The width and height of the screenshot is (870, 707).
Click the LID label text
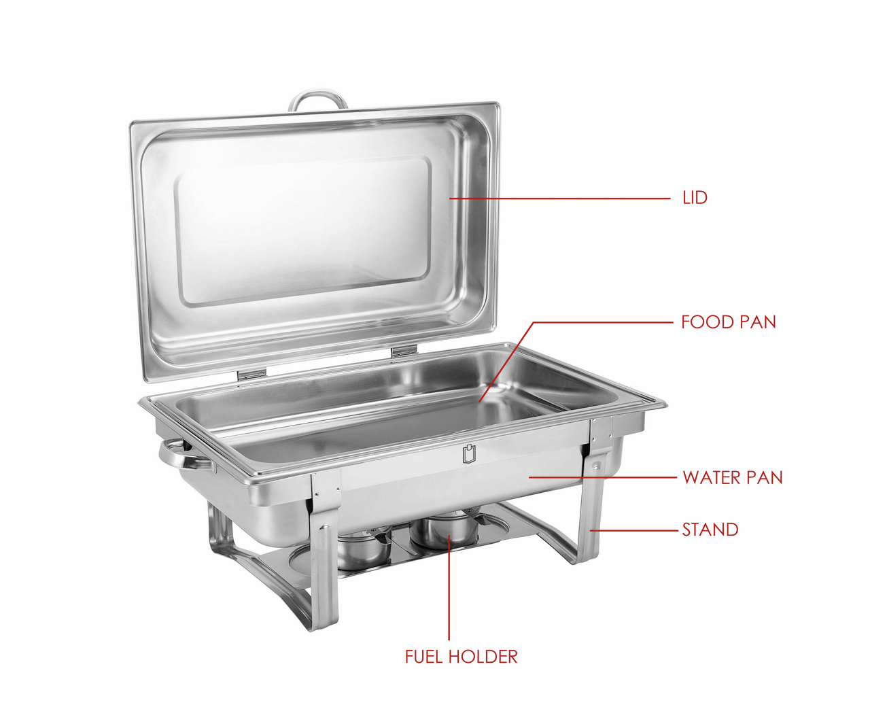tap(695, 198)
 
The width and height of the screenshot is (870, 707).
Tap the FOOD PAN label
tap(728, 322)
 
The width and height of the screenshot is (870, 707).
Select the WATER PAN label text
tap(732, 477)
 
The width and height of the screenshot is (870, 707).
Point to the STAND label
tap(710, 530)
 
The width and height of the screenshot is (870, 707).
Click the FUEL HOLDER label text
tap(461, 657)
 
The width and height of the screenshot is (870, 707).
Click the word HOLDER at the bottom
tap(483, 657)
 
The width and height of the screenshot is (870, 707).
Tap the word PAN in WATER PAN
tap(765, 477)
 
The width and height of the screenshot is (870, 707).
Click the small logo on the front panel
tap(470, 453)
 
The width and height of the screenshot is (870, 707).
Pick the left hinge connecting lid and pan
tap(251, 373)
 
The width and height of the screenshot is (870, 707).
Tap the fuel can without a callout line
tap(364, 549)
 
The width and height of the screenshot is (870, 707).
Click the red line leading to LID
tap(559, 199)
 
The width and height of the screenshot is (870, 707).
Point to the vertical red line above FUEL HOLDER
tap(449, 587)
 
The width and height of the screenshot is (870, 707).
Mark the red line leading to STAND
tap(633, 530)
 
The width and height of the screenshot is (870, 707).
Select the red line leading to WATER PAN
tap(603, 477)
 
